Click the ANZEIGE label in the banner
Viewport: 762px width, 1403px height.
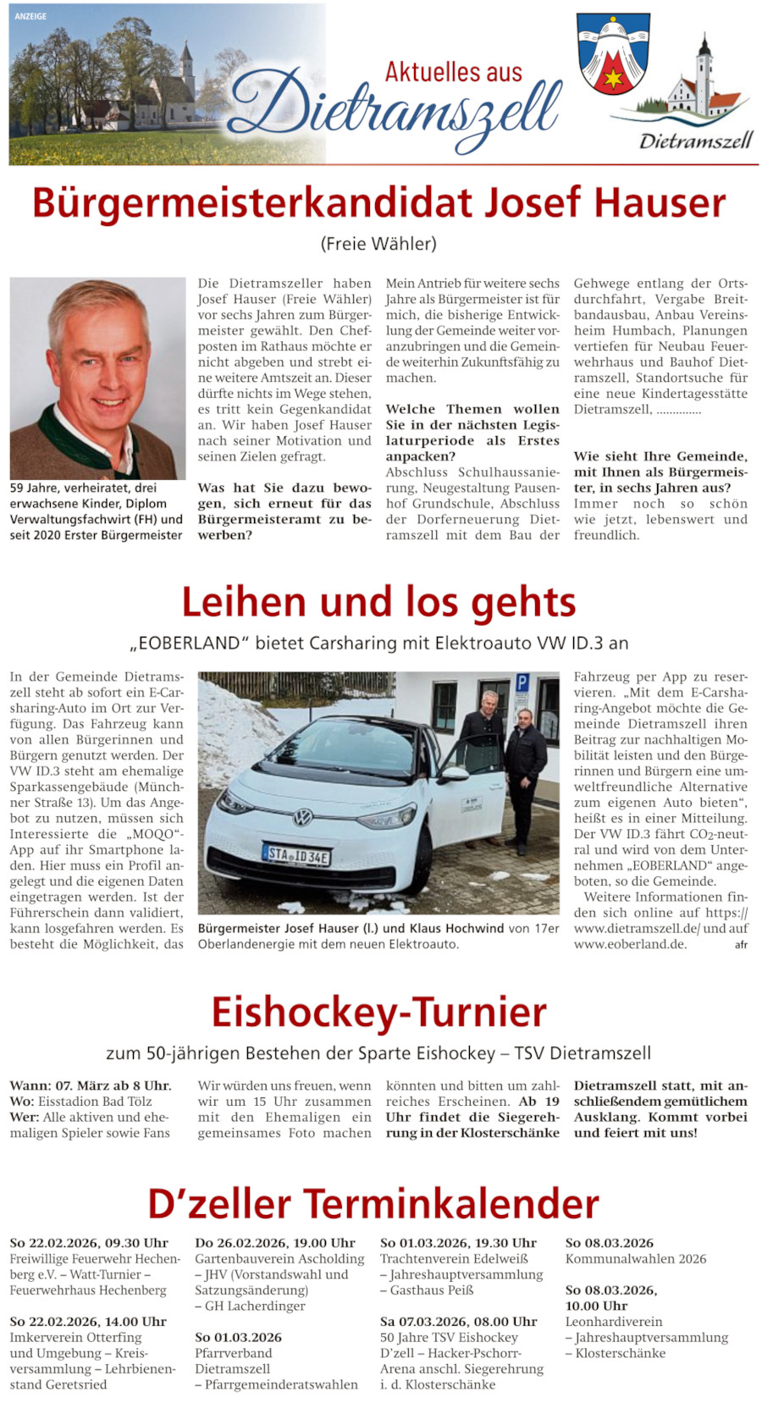click(30, 16)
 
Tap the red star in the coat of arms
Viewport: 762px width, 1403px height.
click(613, 80)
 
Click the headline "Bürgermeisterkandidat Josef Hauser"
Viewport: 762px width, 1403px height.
click(378, 203)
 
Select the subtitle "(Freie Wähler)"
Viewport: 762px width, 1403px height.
click(378, 244)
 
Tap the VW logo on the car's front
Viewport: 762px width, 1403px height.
click(302, 817)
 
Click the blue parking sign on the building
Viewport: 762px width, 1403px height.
click(522, 682)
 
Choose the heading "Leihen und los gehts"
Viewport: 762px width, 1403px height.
click(378, 602)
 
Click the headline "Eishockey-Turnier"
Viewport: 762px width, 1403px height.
click(378, 1013)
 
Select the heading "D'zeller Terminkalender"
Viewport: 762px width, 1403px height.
click(373, 1203)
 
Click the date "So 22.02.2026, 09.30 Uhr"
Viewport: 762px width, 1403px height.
click(89, 1243)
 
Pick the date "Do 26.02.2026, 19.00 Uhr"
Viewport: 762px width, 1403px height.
click(275, 1243)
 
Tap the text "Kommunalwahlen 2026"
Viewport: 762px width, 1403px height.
click(636, 1259)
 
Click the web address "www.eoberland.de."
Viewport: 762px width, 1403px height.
click(630, 944)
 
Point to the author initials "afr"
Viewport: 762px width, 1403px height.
click(741, 945)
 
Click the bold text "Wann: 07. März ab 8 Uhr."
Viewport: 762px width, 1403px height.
click(91, 1085)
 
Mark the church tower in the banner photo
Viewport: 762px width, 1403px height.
click(185, 64)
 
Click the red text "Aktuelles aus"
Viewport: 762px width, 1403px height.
click(454, 73)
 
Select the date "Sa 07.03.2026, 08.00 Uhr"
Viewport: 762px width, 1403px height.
click(459, 1321)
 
